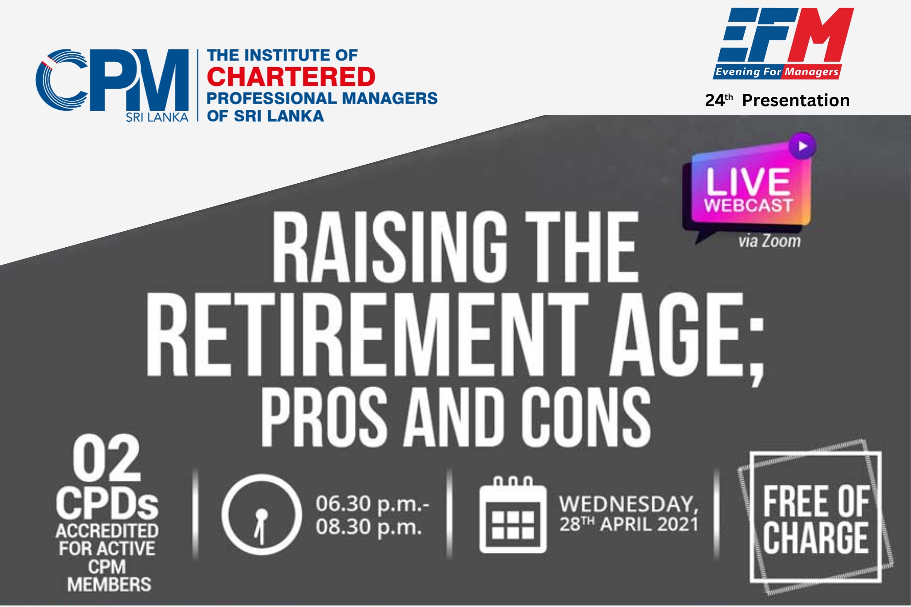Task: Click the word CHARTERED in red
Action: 291,76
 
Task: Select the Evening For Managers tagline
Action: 777,72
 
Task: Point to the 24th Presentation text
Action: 777,100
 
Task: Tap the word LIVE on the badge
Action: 748,181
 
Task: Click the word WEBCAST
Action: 748,205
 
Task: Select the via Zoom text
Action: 769,241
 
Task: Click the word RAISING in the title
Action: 390,247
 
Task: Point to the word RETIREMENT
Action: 367,334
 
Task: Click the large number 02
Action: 107,459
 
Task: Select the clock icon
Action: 261,514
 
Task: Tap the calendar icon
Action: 513,515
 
